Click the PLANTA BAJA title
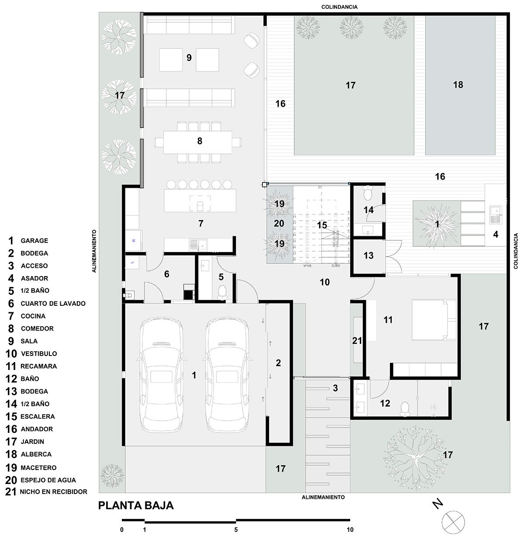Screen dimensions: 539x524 tap(136, 505)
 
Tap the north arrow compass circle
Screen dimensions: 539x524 tap(453, 522)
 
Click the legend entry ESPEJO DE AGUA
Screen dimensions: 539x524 tap(48, 480)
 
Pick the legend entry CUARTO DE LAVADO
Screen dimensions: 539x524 tap(52, 303)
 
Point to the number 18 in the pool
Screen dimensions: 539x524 tap(458, 85)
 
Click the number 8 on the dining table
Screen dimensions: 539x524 tap(200, 141)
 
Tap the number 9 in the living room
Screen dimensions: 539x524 tap(189, 57)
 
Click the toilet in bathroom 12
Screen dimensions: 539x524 tap(404, 407)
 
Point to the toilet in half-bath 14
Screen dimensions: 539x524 tap(368, 192)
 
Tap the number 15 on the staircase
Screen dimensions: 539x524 tap(322, 225)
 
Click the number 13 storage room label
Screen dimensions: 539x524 tap(369, 256)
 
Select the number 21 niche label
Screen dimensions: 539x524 tap(357, 340)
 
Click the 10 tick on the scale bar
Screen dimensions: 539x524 tap(350, 530)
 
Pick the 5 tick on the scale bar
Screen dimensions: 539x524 tap(236, 530)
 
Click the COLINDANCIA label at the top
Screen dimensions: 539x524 tap(339, 7)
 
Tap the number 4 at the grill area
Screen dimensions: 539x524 tap(495, 235)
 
